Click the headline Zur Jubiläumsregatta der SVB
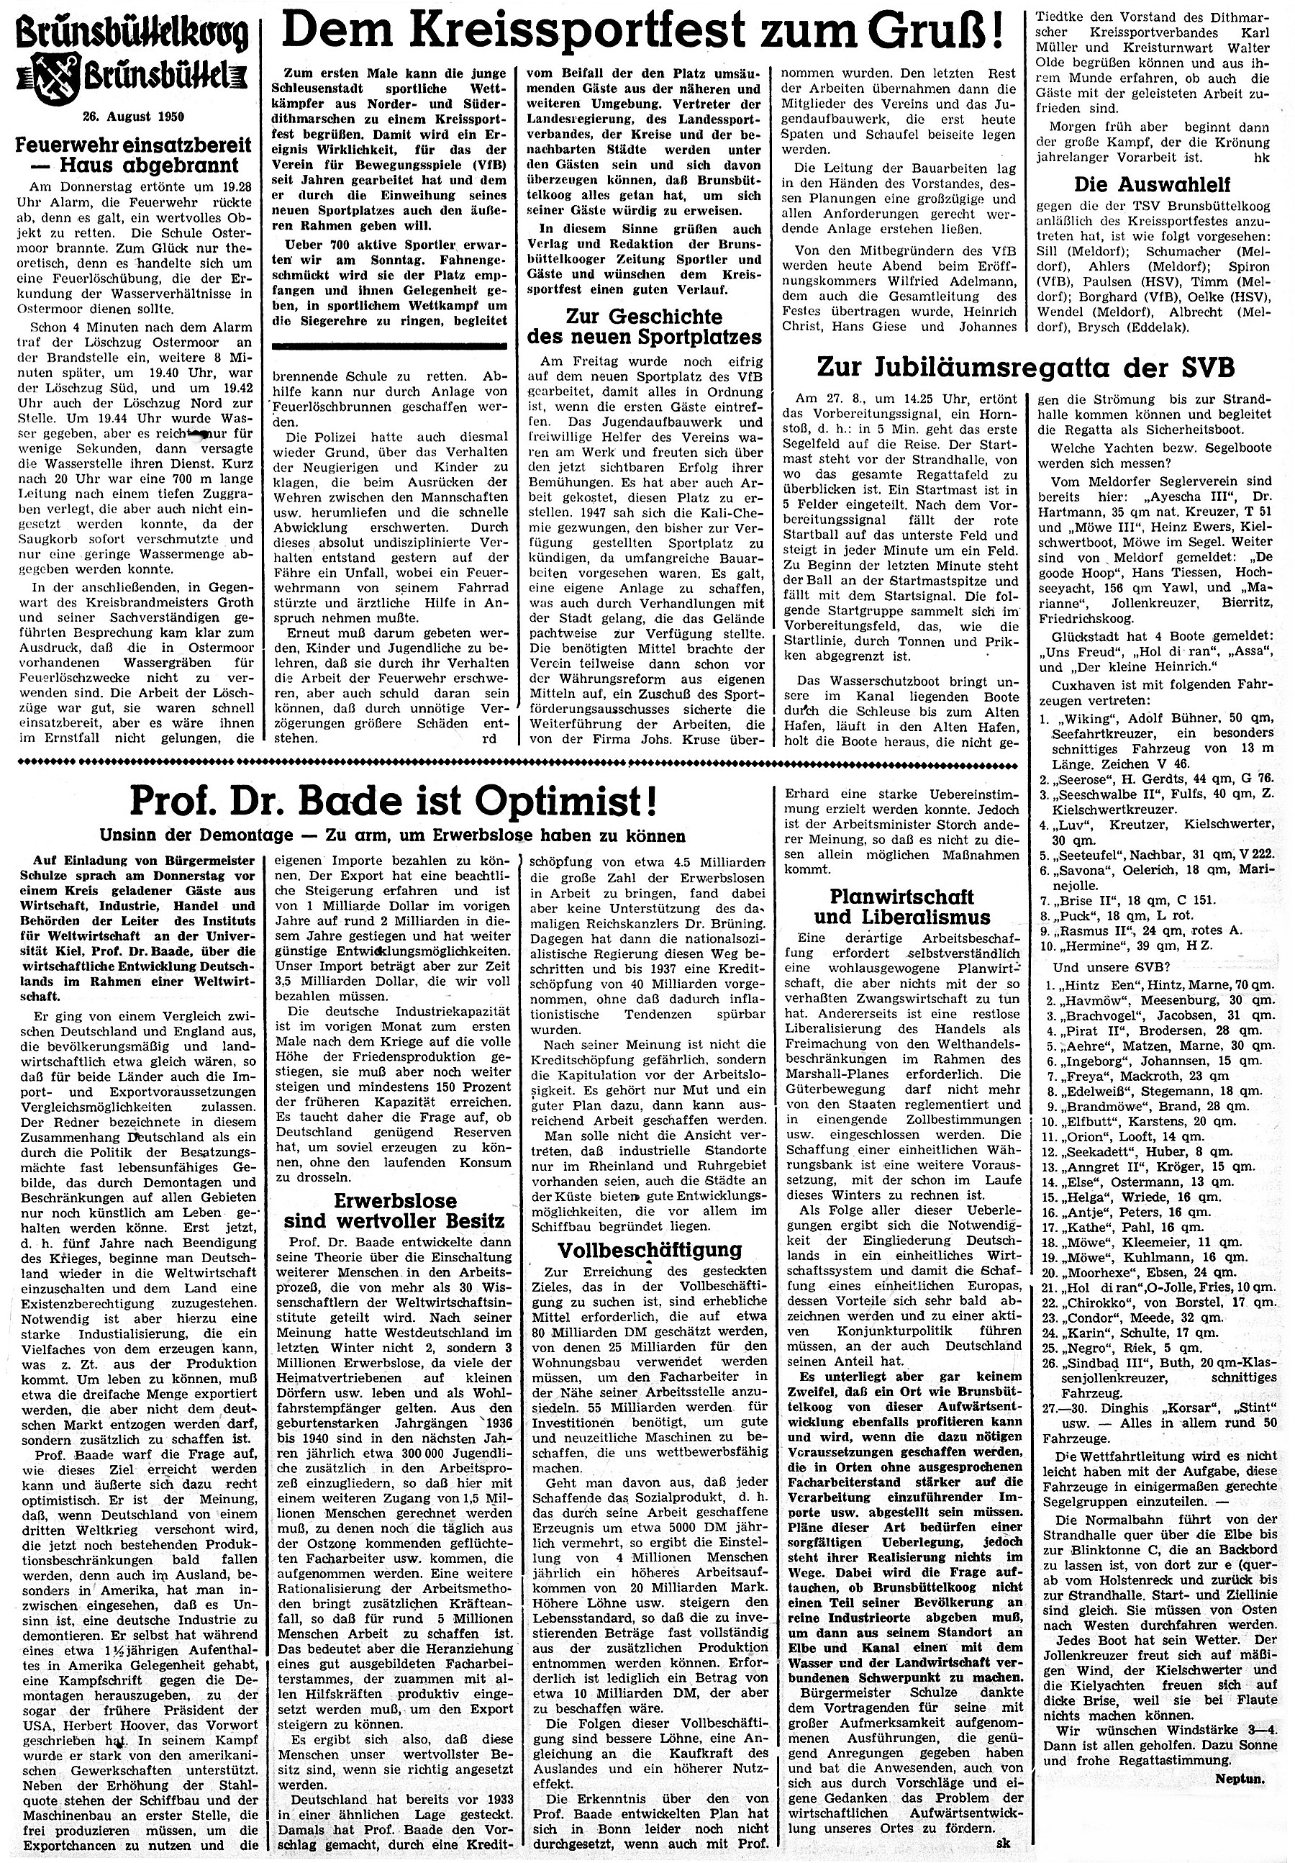click(x=1026, y=368)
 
